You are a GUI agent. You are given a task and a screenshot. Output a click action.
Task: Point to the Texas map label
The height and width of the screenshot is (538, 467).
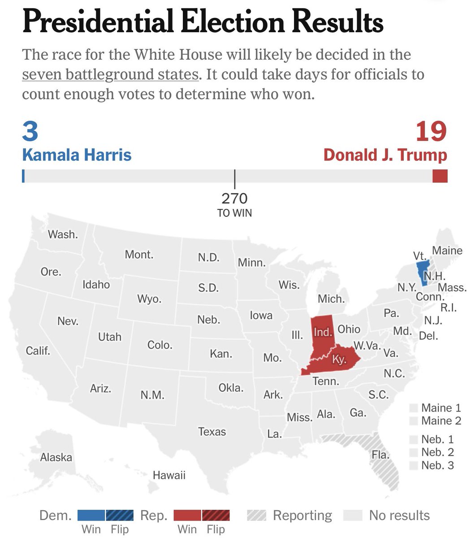[x=212, y=432]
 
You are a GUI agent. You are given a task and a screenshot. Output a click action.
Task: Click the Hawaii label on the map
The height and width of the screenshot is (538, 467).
[x=169, y=475]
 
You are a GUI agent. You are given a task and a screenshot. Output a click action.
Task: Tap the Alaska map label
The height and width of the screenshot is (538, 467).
[x=56, y=457]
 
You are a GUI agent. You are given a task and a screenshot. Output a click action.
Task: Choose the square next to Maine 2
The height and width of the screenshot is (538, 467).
[x=414, y=421]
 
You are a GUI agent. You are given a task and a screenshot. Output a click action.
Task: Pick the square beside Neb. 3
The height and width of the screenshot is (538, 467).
[x=414, y=465]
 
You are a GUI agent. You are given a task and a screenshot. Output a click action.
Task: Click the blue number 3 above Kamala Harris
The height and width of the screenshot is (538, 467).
[x=30, y=131]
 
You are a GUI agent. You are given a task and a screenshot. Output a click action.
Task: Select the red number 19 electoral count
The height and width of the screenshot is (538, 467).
[x=431, y=131]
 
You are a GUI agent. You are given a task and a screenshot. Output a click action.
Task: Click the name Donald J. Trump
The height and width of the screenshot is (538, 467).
[x=385, y=155]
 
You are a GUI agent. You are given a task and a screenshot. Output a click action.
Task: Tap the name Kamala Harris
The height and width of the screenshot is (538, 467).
[x=77, y=155]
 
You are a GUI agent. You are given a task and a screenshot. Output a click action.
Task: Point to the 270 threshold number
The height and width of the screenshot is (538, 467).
[x=234, y=198]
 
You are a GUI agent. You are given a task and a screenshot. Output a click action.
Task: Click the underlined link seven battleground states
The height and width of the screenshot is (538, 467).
[x=110, y=74]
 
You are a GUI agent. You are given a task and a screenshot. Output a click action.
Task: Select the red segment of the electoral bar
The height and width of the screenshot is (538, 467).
[x=440, y=176]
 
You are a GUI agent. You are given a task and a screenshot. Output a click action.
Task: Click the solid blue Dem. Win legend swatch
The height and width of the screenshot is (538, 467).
[x=91, y=516]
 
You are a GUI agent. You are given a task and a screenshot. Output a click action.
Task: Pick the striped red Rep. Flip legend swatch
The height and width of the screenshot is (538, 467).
[x=216, y=516]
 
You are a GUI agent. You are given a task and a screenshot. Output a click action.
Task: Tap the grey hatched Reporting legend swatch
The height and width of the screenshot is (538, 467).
[x=256, y=516]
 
